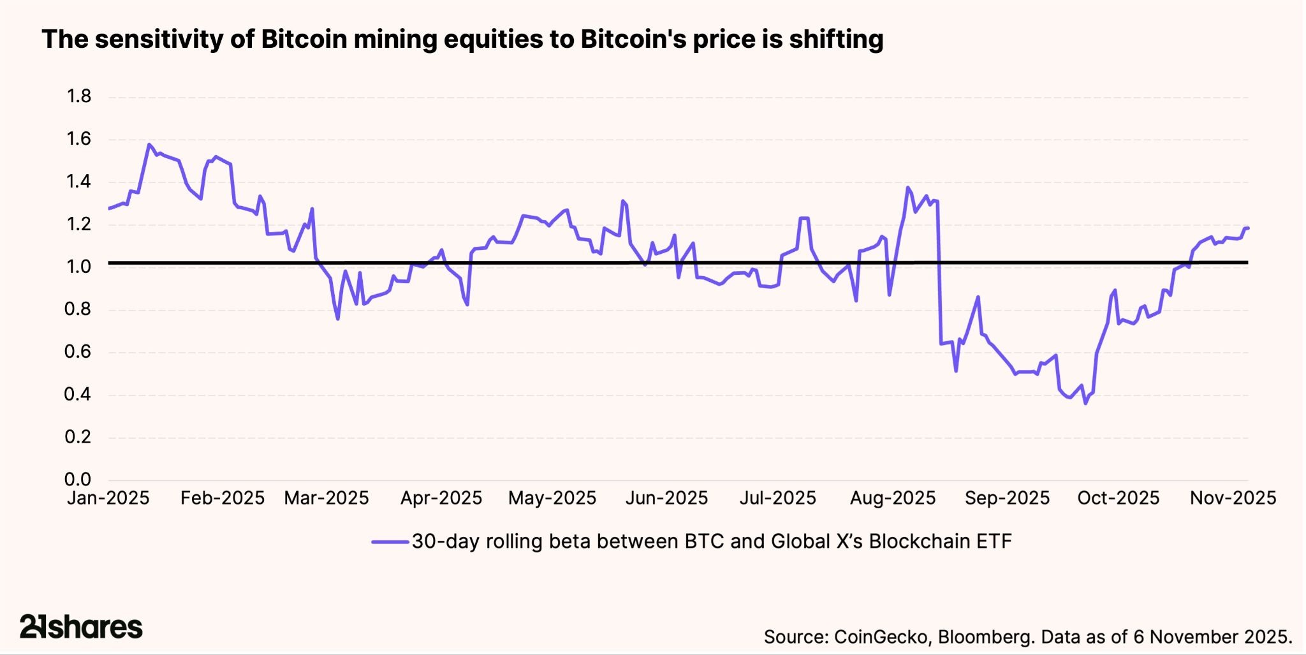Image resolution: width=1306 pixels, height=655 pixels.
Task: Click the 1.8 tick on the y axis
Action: [79, 96]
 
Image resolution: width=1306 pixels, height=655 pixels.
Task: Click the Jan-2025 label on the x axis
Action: [108, 498]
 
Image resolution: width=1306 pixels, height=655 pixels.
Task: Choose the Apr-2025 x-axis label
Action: [441, 498]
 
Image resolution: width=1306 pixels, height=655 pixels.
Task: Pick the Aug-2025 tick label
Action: [893, 498]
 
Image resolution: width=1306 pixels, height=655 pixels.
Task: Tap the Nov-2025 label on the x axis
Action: [1233, 498]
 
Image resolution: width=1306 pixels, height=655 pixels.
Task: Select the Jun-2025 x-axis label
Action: [666, 498]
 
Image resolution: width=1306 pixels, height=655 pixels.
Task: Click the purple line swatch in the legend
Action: [390, 542]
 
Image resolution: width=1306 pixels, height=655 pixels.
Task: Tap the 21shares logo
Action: [81, 627]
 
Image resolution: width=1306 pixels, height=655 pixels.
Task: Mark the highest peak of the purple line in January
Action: [149, 144]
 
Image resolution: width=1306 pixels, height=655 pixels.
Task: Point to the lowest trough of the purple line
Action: [1085, 403]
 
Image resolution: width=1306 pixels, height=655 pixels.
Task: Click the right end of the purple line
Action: [1247, 228]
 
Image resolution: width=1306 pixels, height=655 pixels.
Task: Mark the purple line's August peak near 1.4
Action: [907, 188]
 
